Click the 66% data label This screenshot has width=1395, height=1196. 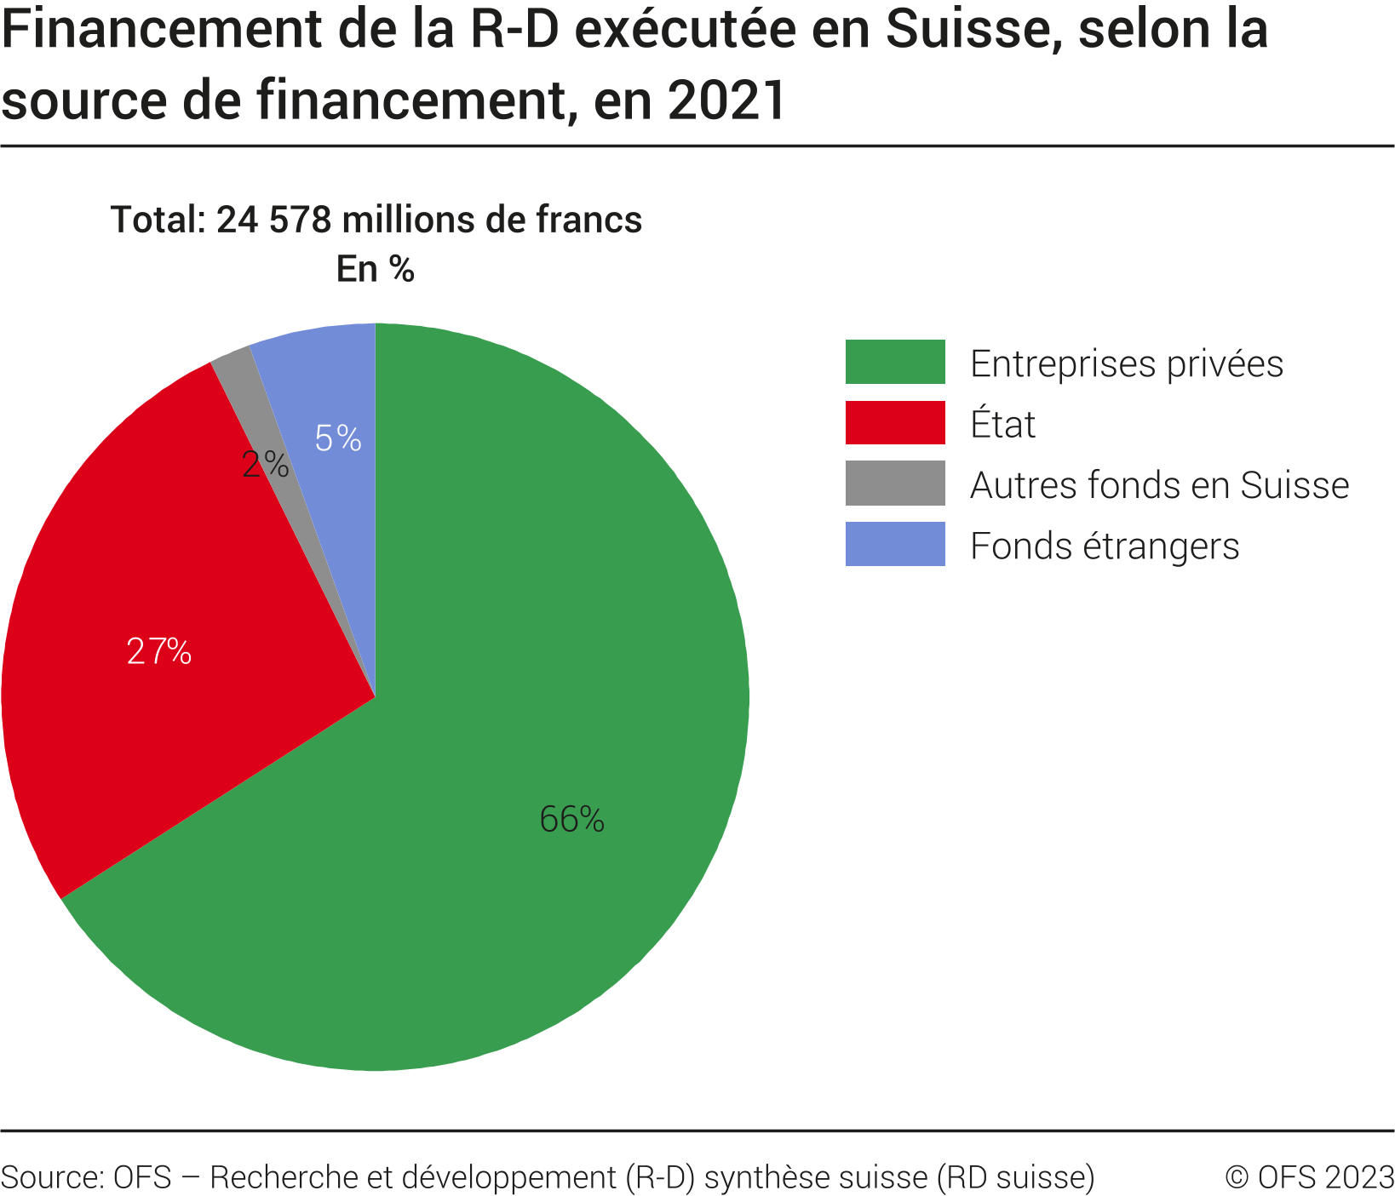(571, 820)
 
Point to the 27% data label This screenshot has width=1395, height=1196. (159, 651)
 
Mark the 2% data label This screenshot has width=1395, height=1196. (265, 465)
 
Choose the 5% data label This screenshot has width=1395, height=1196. (338, 438)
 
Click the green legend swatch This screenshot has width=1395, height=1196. (895, 362)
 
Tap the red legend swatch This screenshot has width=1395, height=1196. (895, 422)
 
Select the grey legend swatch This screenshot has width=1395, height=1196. (895, 484)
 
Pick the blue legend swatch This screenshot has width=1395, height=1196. (895, 544)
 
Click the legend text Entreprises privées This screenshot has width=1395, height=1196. (1126, 363)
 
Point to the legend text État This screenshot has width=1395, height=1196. (1002, 424)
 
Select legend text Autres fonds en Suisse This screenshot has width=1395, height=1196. (1159, 485)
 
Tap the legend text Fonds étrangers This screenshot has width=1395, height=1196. (1105, 546)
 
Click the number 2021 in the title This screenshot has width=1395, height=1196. (726, 100)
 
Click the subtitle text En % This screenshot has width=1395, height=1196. (376, 269)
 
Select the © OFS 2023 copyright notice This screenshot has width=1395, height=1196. (1309, 1177)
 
